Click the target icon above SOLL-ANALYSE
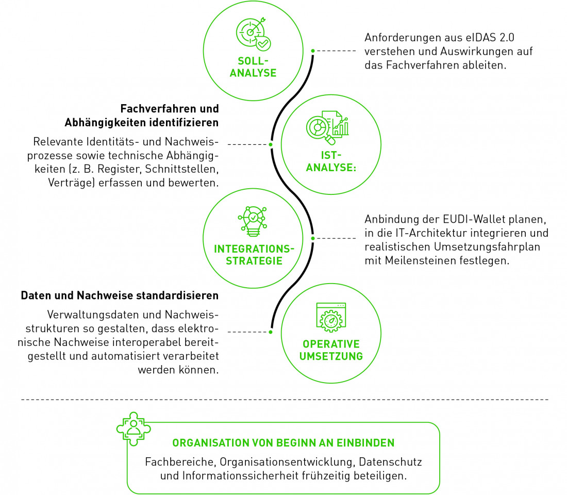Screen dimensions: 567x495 (253, 34)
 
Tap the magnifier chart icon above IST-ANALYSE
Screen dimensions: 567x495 (327, 128)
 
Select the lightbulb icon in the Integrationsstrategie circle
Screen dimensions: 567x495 (253, 221)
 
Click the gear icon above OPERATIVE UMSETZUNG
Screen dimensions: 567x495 (331, 317)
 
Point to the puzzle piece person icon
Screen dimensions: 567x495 (134, 429)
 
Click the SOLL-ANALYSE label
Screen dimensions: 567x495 (253, 67)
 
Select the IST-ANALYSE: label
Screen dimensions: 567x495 (331, 161)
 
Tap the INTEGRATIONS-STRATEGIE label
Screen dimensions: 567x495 (254, 255)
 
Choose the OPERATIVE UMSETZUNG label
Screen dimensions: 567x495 (331, 350)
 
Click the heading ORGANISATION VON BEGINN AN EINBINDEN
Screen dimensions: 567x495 (283, 443)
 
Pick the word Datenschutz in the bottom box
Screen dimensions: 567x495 (390, 462)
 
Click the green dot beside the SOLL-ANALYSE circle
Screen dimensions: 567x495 (313, 51)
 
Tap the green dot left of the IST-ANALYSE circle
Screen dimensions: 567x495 (271, 144)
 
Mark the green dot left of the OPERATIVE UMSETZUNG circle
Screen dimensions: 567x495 (271, 332)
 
